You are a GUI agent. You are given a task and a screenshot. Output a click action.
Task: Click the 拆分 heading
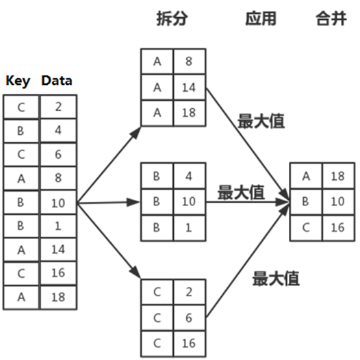[172, 18]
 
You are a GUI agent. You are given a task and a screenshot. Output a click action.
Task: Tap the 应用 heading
[261, 18]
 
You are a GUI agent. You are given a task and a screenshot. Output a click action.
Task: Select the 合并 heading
[331, 18]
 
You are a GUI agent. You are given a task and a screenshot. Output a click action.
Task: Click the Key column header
[18, 81]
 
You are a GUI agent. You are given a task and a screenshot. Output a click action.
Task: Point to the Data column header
[57, 81]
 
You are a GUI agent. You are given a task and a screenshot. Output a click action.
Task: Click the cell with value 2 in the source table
[58, 107]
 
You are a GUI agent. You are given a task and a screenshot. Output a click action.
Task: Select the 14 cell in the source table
[58, 250]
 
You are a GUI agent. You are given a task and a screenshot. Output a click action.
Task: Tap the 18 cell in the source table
[58, 297]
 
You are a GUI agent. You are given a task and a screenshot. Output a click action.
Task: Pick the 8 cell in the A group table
[190, 62]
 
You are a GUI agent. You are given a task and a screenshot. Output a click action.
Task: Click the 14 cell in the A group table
[190, 88]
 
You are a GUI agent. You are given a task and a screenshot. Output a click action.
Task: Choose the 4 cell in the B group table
[190, 176]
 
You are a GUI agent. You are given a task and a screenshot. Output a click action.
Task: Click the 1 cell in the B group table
[190, 228]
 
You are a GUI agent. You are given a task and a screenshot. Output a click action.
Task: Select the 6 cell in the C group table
[190, 318]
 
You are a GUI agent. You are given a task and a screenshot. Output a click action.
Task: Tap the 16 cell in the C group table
[190, 344]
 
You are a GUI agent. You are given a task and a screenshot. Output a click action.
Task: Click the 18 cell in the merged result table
[338, 176]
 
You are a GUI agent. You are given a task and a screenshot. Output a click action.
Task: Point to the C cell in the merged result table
[307, 228]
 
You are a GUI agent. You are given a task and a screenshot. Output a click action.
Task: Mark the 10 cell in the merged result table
[338, 202]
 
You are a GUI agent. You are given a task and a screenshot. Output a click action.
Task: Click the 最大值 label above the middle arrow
[241, 192]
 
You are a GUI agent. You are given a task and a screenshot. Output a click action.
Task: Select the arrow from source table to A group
[109, 165]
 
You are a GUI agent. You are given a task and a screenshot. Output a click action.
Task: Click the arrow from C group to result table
[248, 260]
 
